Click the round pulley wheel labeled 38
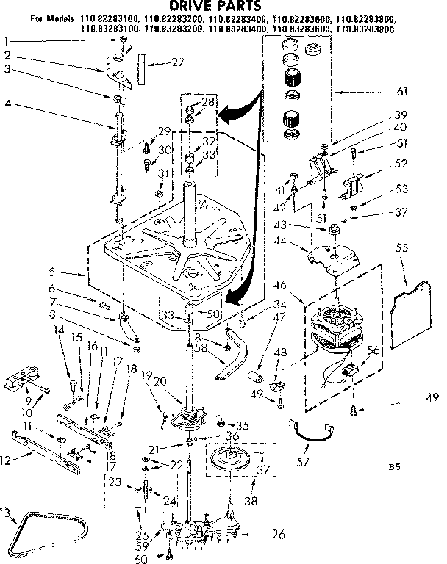(233, 460)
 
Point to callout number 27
(176, 62)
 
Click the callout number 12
(7, 461)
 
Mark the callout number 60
(143, 558)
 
